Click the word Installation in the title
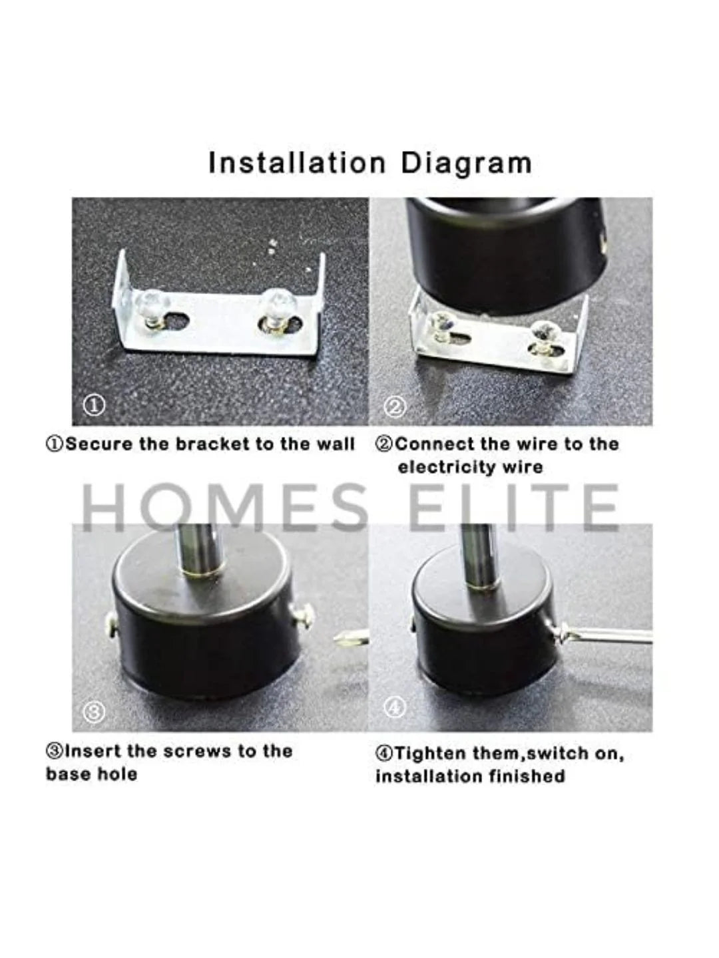[x=298, y=163]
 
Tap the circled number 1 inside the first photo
[x=96, y=406]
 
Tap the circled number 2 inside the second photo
[x=395, y=408]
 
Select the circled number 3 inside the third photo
[x=95, y=713]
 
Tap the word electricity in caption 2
[x=445, y=468]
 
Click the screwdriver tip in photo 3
[x=345, y=641]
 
